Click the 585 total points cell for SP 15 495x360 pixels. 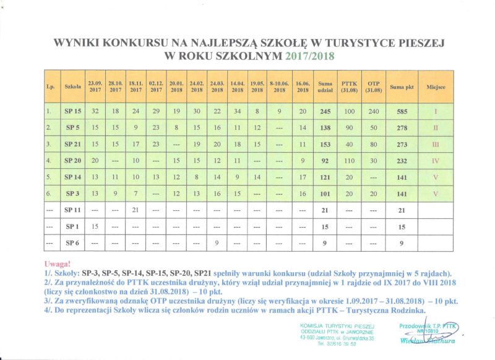402,111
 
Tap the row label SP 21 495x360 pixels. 74,144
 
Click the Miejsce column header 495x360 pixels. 436,87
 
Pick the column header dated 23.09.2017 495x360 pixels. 95,87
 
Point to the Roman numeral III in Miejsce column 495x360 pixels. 436,144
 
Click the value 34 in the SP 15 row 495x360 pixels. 237,111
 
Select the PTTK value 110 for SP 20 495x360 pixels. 350,160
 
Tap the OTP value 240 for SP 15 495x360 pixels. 373,111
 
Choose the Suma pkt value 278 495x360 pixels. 402,127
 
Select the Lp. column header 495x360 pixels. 51,87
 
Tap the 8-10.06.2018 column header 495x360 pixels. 280,87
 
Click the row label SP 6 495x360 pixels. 74,243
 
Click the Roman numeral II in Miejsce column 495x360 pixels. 436,127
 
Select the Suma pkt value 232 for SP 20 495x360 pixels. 402,160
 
